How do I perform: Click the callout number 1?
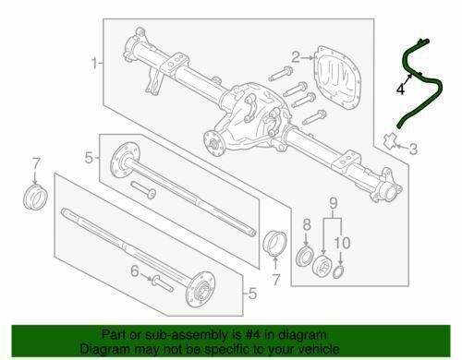click(x=94, y=64)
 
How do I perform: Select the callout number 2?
click(x=296, y=57)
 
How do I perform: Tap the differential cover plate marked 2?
click(x=335, y=78)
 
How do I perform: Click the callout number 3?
click(x=413, y=149)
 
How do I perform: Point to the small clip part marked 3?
click(x=390, y=139)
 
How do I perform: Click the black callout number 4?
click(x=400, y=90)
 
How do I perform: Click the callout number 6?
click(x=135, y=271)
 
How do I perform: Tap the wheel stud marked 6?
click(x=163, y=283)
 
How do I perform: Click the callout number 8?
click(x=307, y=225)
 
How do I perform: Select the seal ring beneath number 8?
click(x=305, y=256)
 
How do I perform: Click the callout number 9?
click(x=334, y=203)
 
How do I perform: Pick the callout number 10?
click(x=342, y=243)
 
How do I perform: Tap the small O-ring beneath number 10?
click(x=338, y=272)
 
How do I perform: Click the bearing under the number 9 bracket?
click(x=322, y=265)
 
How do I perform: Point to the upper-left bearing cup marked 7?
click(x=35, y=198)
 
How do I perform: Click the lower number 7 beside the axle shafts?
click(x=276, y=280)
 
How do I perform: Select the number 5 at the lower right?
click(x=252, y=294)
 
